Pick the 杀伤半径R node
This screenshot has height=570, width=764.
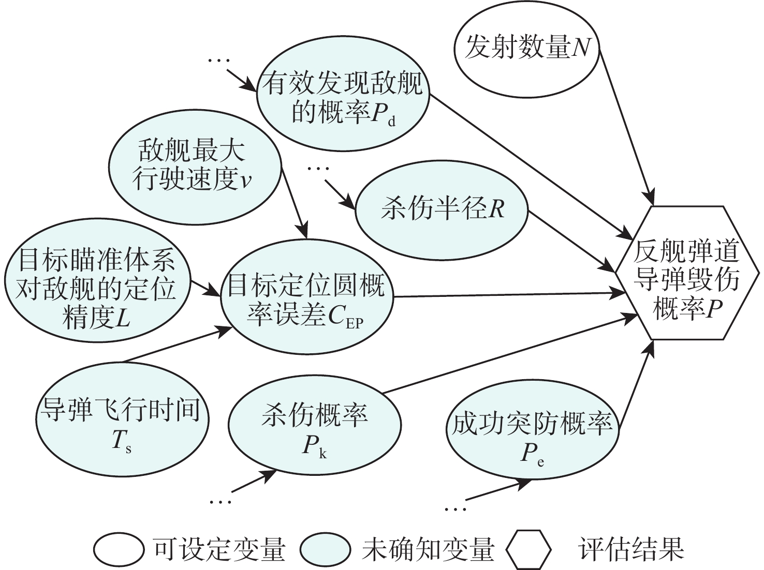click(x=442, y=210)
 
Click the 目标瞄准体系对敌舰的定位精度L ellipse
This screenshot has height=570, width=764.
click(x=97, y=288)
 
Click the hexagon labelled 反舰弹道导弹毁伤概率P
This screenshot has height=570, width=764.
click(x=687, y=273)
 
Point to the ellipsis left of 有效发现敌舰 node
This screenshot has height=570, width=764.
click(x=218, y=61)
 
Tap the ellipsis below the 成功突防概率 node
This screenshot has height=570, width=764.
click(x=456, y=509)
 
